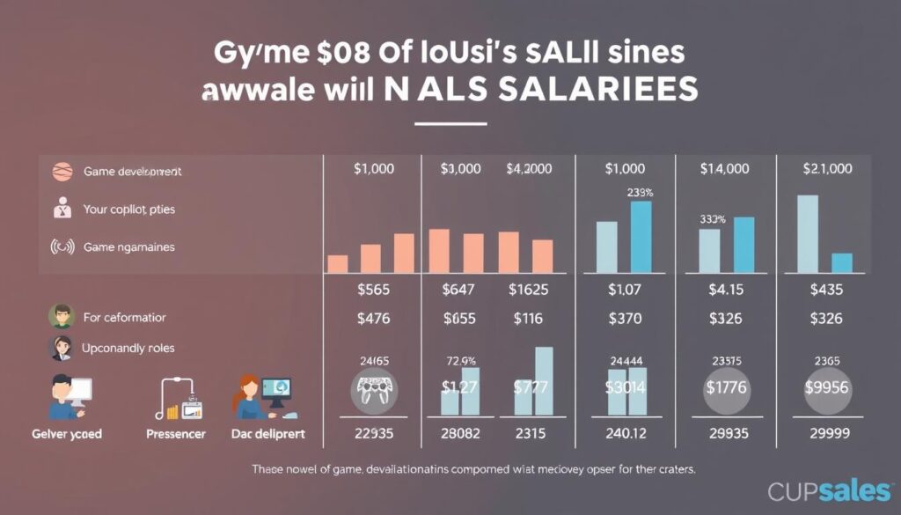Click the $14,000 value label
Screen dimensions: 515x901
tap(724, 168)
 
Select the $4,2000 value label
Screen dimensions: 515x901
tap(530, 168)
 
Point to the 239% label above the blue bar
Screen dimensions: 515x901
tap(640, 191)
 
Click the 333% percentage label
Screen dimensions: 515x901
tap(712, 218)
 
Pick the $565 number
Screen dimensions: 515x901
tap(374, 289)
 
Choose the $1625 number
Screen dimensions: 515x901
tap(530, 289)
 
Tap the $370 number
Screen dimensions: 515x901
tap(626, 319)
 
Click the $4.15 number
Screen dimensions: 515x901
tap(727, 289)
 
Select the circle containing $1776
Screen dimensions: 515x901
tap(727, 387)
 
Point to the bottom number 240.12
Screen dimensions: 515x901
tap(626, 433)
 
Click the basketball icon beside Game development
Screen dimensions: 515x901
tap(61, 172)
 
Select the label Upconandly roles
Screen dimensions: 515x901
tap(128, 349)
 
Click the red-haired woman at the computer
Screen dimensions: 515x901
tap(255, 398)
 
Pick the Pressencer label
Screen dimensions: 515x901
tap(175, 434)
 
